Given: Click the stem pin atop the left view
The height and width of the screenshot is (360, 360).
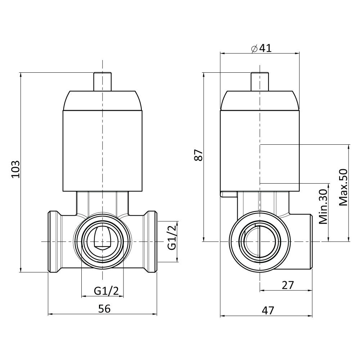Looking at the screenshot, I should click(x=103, y=81).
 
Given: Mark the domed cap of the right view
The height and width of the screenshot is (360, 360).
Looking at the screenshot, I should click(x=260, y=100).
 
